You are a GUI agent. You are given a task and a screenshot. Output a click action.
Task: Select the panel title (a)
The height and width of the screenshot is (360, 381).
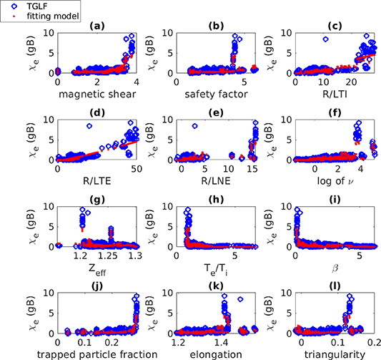pyautogui.click(x=97, y=26)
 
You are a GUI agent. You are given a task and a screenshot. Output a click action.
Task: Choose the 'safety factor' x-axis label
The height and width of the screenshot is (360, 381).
pyautogui.click(x=216, y=92)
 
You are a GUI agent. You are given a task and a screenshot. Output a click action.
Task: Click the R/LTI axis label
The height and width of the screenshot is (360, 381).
pyautogui.click(x=335, y=92)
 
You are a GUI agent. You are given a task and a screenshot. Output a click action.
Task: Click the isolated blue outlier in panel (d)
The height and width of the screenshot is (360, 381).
pyautogui.click(x=89, y=126)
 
